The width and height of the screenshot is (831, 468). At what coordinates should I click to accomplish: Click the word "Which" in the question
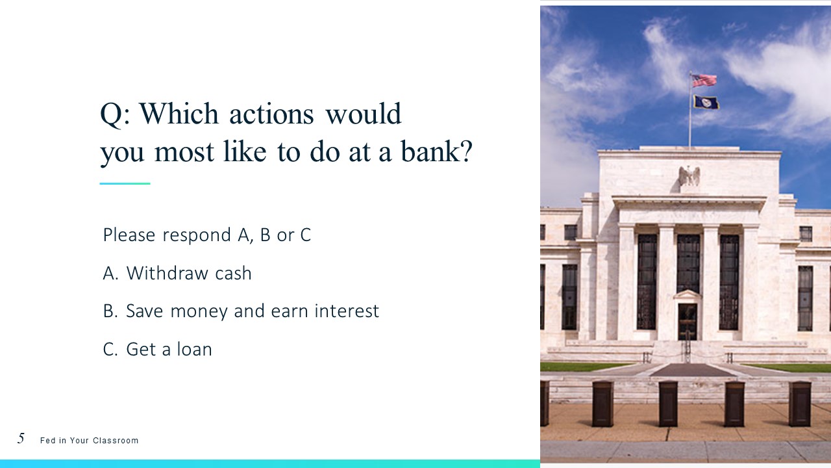pos(179,113)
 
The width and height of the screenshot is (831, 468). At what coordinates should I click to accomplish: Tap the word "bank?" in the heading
pos(437,151)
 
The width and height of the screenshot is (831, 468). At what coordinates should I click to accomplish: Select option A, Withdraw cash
pos(177,273)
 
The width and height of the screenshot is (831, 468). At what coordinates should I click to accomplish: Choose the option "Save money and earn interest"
pos(241,311)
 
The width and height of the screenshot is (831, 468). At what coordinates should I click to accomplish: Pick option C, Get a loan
pos(157,349)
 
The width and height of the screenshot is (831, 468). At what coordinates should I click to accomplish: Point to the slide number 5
pos(21,438)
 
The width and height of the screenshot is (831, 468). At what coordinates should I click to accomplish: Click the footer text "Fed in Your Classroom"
pos(89,441)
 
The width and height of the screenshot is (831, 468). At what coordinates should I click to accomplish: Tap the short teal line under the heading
pos(125,183)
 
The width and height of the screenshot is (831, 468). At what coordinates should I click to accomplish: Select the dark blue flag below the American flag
pos(706,102)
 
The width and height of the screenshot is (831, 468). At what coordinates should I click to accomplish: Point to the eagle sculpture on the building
pos(689,177)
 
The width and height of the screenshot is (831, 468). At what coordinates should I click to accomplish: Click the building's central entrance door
pos(688,322)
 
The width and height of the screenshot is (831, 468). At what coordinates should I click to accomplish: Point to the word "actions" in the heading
pos(271,114)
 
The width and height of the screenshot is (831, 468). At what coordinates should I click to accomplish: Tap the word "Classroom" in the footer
pos(116,441)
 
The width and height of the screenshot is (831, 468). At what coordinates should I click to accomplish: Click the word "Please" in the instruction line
pos(129,235)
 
